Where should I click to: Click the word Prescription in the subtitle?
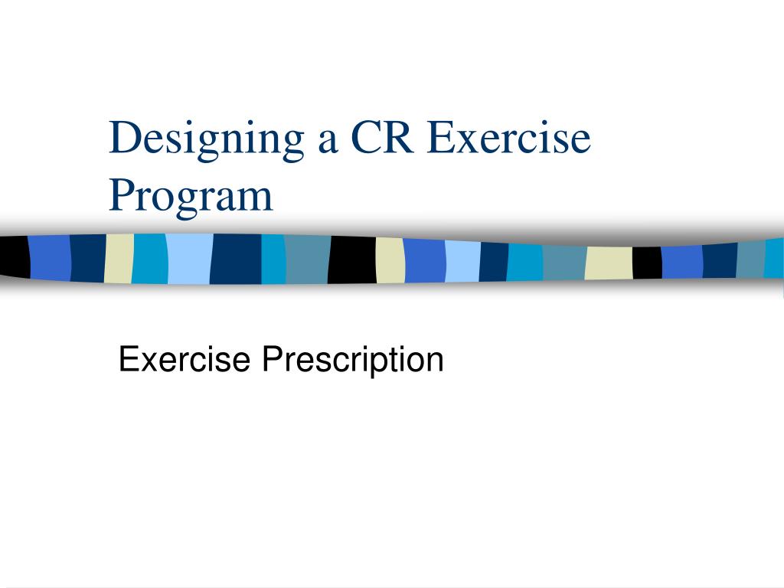click(353, 360)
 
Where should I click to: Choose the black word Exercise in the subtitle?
click(185, 358)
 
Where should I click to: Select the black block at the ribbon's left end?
click(13, 256)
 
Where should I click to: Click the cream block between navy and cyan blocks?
click(119, 258)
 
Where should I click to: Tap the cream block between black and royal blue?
click(390, 260)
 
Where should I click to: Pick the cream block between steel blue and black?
click(609, 263)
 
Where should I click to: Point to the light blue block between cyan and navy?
click(188, 259)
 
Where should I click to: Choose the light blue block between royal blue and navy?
click(462, 261)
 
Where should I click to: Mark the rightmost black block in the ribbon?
click(647, 263)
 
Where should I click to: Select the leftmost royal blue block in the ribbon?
click(49, 257)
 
